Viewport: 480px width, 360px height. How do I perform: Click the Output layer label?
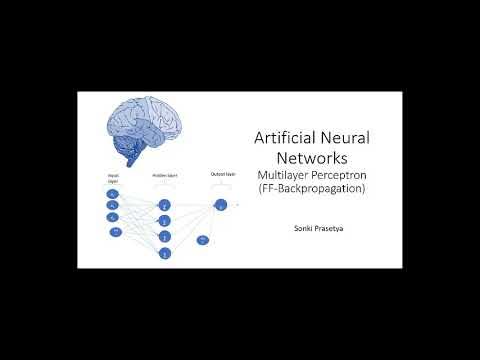tap(222, 174)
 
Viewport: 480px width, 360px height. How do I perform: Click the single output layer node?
tap(221, 205)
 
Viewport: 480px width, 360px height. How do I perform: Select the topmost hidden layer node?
tap(164, 205)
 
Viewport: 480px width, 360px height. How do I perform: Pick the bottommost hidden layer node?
tap(164, 254)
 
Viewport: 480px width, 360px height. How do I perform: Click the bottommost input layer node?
tap(116, 232)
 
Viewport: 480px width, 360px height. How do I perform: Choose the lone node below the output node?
tap(202, 240)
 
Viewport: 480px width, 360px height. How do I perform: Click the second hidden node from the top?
tap(164, 220)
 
